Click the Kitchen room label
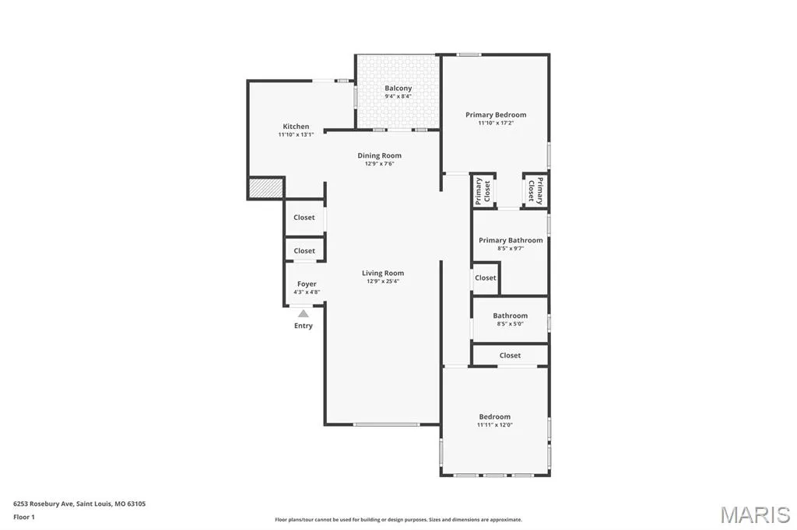coord(296,127)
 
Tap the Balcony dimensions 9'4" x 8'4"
coord(398,96)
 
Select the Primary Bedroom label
coord(496,115)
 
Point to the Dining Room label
coord(379,155)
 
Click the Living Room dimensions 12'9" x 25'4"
coord(383,281)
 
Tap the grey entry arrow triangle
coord(304,313)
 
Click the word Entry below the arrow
coord(304,326)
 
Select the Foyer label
coord(307,284)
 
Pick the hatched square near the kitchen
coord(265,188)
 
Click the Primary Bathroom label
coord(511,240)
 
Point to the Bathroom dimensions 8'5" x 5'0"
coord(511,324)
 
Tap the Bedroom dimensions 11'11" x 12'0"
coord(494,425)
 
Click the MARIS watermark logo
coord(755,514)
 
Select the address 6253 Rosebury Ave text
coord(44,504)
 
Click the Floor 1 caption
coord(24,518)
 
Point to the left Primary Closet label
coord(483,191)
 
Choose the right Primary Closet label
coord(535,191)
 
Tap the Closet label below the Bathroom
coord(510,355)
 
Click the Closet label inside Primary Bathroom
coord(486,277)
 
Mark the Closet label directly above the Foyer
coord(304,251)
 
